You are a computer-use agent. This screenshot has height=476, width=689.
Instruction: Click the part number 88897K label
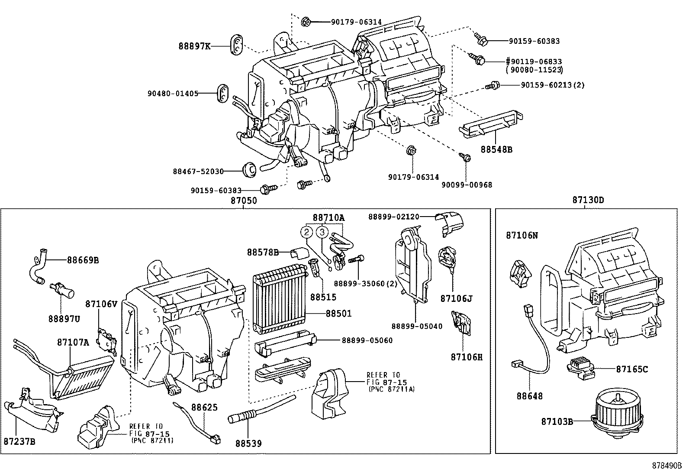click(194, 45)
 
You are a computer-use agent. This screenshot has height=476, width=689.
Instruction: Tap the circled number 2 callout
click(306, 233)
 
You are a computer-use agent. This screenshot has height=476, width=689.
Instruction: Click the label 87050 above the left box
click(243, 201)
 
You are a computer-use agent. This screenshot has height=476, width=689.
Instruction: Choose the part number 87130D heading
click(588, 200)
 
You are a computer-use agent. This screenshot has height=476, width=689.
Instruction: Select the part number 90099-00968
click(467, 185)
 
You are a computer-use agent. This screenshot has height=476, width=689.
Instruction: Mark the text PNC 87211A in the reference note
click(392, 389)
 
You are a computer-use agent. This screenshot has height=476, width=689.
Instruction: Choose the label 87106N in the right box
click(522, 235)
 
